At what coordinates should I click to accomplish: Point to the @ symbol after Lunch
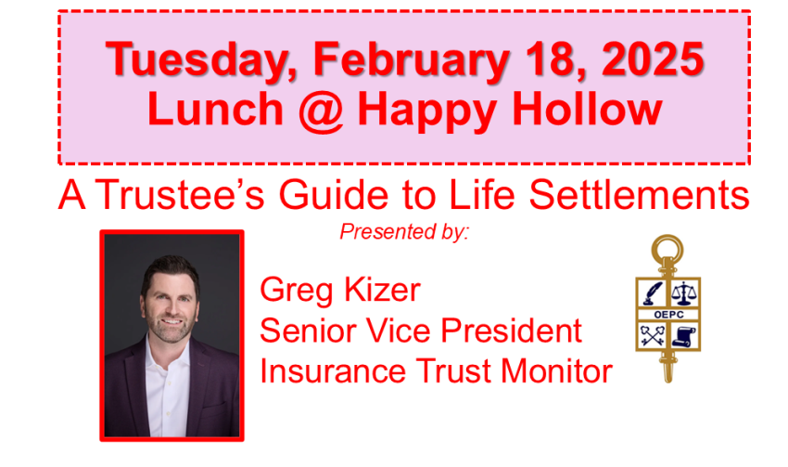click(x=321, y=110)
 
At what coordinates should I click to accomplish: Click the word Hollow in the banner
click(x=587, y=109)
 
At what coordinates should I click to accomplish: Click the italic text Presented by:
click(x=404, y=232)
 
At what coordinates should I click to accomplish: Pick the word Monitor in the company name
click(x=556, y=371)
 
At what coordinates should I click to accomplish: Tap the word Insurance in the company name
click(x=333, y=371)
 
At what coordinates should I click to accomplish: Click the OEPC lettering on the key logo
click(x=669, y=315)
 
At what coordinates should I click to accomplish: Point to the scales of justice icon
click(x=685, y=292)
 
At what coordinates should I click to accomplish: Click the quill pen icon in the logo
click(x=653, y=292)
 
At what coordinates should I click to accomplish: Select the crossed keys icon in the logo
click(x=653, y=336)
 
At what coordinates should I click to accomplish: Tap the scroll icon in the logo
click(x=684, y=336)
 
